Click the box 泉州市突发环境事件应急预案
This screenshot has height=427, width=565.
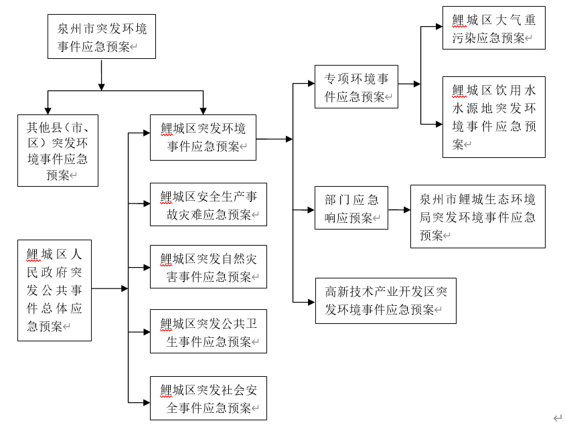tap(101, 37)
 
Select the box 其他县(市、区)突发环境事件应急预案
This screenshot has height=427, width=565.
tap(58, 150)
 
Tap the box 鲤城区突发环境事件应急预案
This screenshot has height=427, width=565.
tap(203, 137)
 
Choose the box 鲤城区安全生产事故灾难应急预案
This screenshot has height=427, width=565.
tap(208, 204)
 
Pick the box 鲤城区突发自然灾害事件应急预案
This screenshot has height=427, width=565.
tap(208, 266)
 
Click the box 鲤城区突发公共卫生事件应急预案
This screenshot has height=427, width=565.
tap(208, 331)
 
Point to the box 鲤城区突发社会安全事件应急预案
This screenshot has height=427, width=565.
tap(208, 398)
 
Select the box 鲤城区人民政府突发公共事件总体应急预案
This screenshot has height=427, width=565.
tap(54, 290)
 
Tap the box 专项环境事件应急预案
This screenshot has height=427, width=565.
tap(356, 87)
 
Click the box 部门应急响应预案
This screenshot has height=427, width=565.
tap(351, 208)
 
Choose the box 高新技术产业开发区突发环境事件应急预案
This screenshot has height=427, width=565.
tap(386, 301)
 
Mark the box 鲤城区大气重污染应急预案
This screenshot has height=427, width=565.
tap(494, 28)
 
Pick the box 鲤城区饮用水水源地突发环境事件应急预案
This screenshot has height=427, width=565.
tap(494, 116)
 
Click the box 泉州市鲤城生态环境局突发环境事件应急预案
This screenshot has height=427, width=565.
tap(477, 216)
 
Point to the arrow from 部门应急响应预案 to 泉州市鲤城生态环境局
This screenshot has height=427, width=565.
tap(399, 209)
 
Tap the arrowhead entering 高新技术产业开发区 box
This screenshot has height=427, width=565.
tap(311, 301)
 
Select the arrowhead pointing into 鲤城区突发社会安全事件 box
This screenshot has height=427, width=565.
tap(146, 402)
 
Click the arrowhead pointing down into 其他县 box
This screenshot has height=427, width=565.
tap(48, 110)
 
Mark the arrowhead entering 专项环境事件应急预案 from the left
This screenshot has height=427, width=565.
tap(311, 84)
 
